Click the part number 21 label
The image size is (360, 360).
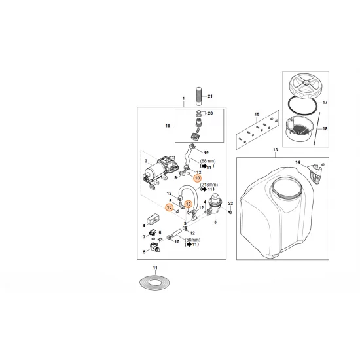[211, 97]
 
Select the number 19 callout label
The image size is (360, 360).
[168, 125]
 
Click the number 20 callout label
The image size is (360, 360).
[210, 113]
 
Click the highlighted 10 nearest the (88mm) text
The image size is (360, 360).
[197, 177]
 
